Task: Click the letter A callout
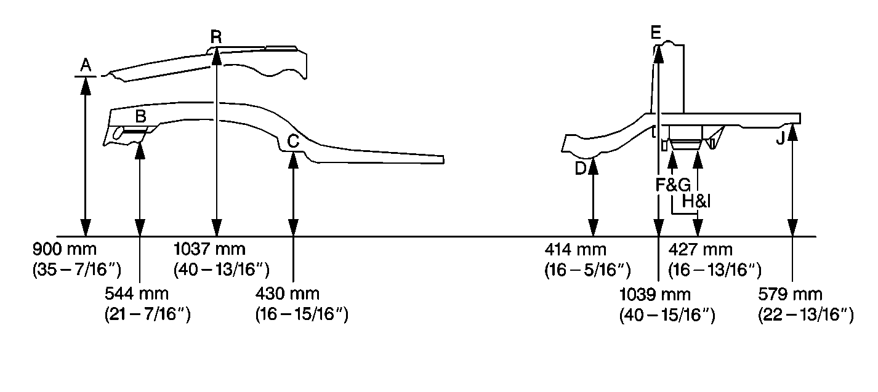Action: (86, 65)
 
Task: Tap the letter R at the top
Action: (216, 36)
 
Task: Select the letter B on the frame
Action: (141, 116)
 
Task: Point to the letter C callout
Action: (293, 141)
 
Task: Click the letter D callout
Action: (581, 169)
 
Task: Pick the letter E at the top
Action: (655, 33)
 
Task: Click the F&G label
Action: (673, 185)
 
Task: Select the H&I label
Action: (696, 201)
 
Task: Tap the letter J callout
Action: (780, 138)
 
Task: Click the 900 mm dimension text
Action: (64, 249)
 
